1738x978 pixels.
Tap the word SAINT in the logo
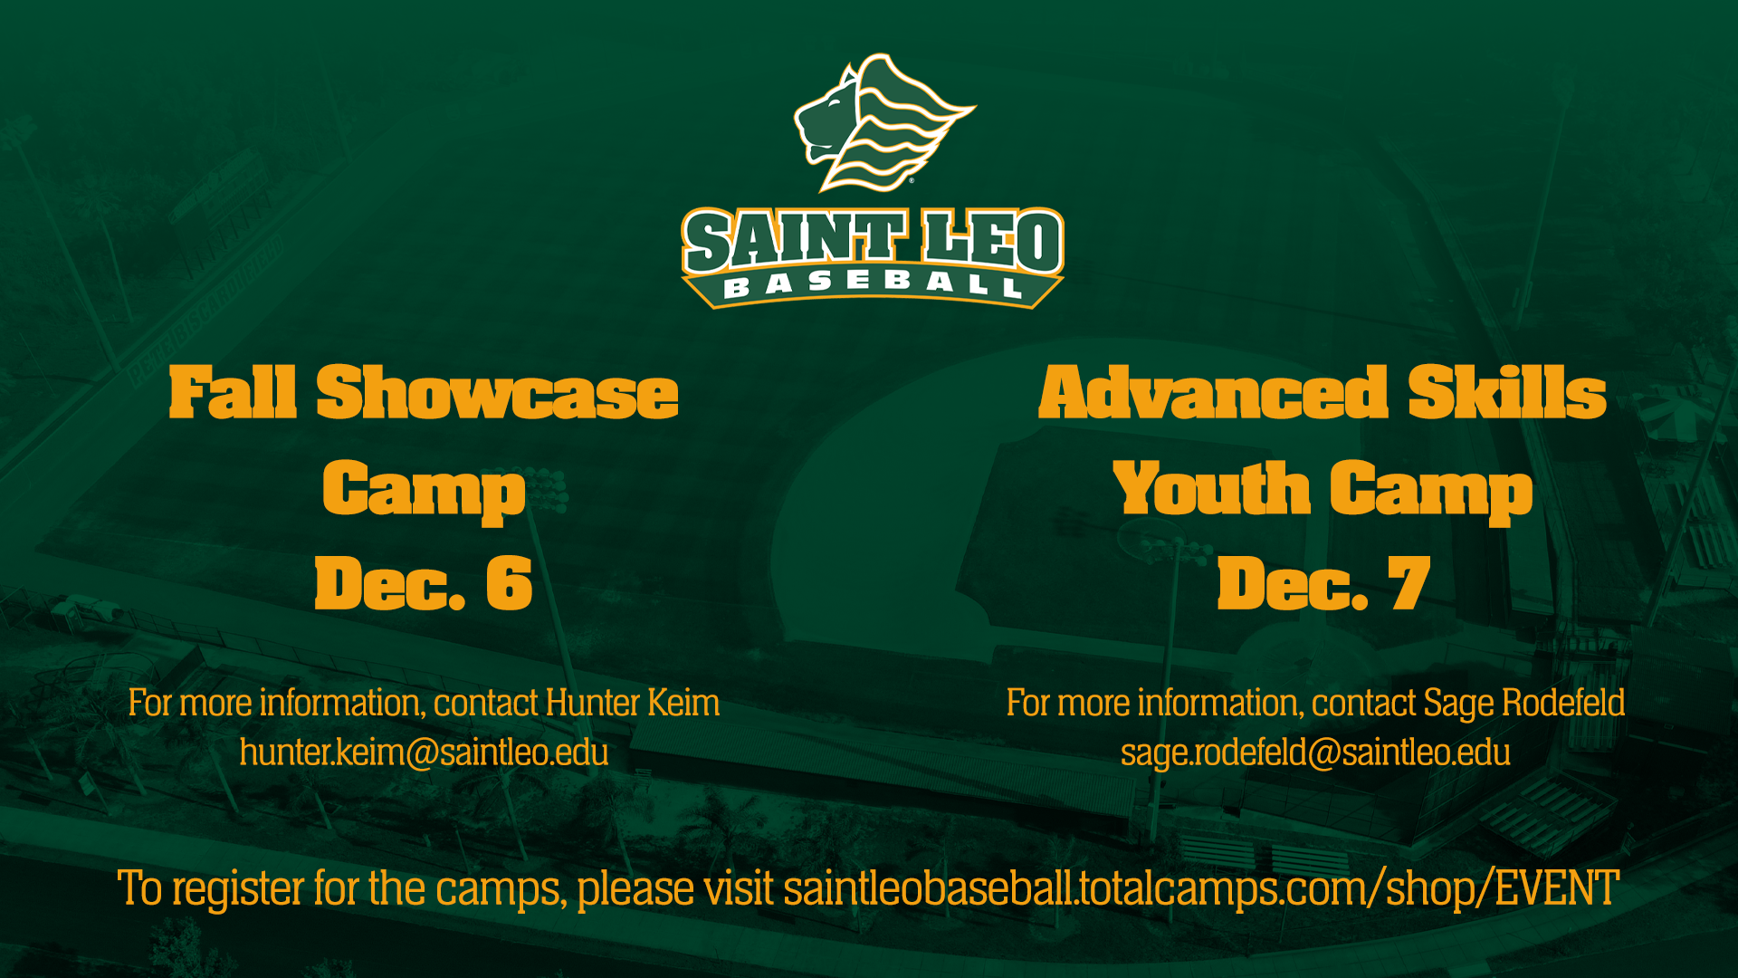coord(795,242)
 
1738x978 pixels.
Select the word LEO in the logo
coord(991,242)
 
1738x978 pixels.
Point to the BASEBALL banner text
coord(873,284)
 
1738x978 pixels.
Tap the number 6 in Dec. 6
coord(510,584)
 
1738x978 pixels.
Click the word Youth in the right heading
coord(1211,489)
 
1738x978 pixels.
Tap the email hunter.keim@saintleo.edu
coord(424,753)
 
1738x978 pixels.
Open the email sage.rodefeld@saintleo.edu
coord(1315,753)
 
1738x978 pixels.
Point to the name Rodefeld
coord(1563,704)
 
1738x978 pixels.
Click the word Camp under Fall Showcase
coord(424,491)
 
